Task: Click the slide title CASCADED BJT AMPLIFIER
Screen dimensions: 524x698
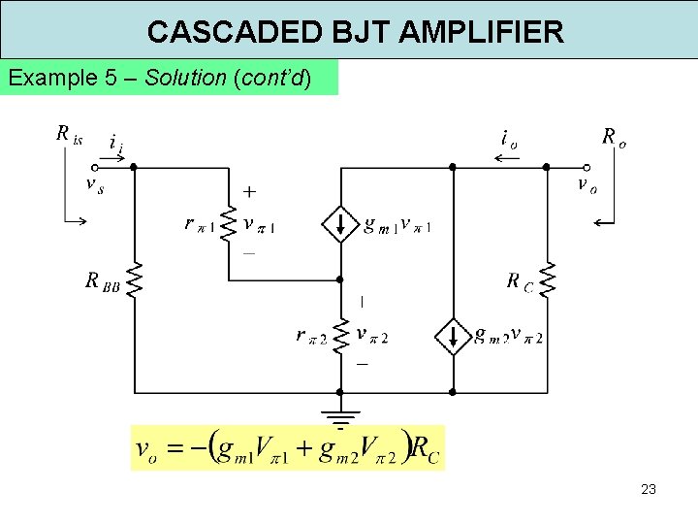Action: tap(355, 32)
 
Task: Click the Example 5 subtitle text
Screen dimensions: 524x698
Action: tap(160, 78)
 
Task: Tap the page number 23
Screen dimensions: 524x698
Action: tap(649, 489)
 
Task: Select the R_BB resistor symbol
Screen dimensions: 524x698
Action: tap(134, 279)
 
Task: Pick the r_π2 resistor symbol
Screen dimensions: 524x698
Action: tap(340, 336)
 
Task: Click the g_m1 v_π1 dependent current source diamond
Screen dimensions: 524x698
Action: tap(340, 225)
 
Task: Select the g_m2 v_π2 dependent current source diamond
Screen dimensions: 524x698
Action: tap(452, 336)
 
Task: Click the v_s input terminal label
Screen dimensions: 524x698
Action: tap(95, 185)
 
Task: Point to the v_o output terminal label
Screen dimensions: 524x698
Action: tap(587, 184)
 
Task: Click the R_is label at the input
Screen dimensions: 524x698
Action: tap(69, 134)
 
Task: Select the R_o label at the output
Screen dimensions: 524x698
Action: tap(614, 136)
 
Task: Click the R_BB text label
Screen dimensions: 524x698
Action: tap(102, 281)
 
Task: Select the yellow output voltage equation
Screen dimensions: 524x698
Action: tap(288, 447)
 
